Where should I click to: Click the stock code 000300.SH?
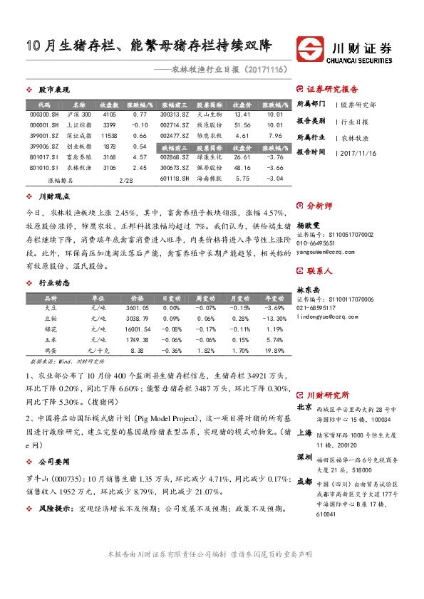[x=39, y=115]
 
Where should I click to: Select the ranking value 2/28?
[x=126, y=181]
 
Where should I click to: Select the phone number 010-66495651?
[x=318, y=243]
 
